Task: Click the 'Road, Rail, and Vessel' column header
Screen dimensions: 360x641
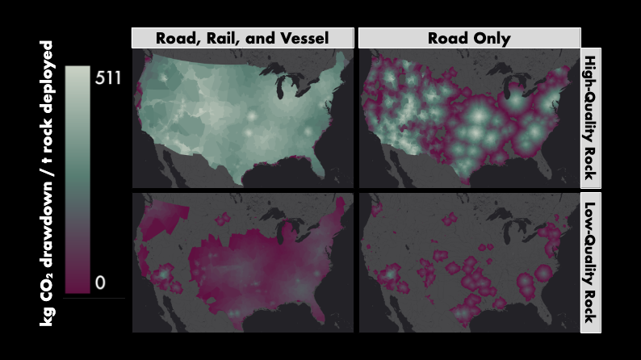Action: tap(243, 38)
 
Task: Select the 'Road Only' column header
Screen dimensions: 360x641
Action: tap(469, 38)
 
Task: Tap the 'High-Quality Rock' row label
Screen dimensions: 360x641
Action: tap(591, 118)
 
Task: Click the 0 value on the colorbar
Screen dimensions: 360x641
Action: tap(101, 283)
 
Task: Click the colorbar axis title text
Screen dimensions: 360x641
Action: tap(48, 182)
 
